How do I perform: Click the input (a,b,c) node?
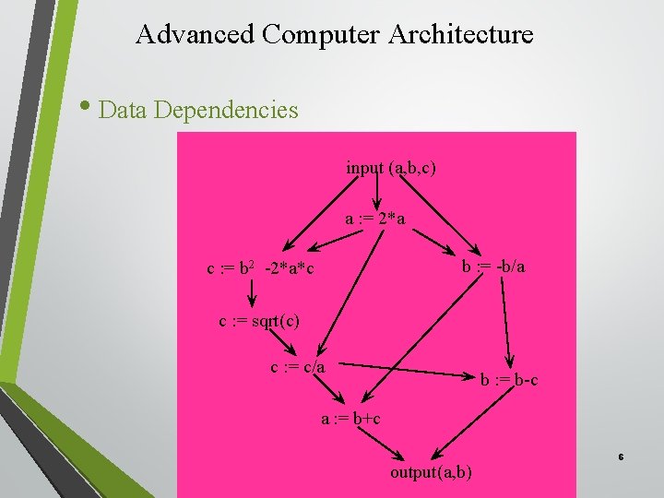tap(391, 168)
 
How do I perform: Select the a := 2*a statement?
tap(375, 219)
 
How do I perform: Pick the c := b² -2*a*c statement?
tap(260, 269)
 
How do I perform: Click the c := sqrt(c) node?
tap(258, 321)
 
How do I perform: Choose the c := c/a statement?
tap(297, 367)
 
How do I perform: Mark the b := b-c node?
tap(509, 379)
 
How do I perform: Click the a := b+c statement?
tap(350, 419)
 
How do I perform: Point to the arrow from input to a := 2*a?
tap(377, 192)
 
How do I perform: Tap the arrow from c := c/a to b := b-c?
tap(406, 369)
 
